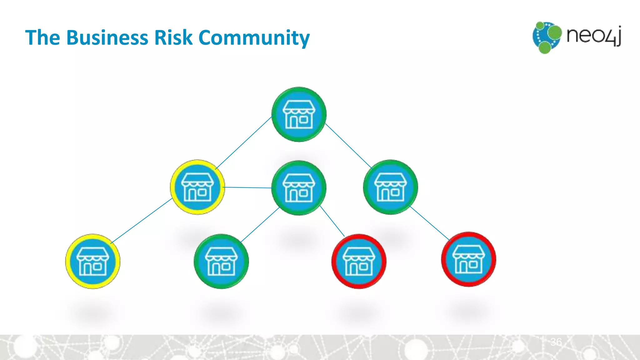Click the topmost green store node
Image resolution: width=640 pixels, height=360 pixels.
(299, 114)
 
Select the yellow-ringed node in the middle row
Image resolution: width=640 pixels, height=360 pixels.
(197, 187)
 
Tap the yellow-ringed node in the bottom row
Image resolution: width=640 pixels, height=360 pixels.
(93, 261)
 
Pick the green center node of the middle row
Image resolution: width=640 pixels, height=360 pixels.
(299, 188)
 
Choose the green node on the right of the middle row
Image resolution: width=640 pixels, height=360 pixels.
(390, 187)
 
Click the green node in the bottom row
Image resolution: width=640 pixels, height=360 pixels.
(221, 261)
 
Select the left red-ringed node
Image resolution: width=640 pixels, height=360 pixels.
(359, 261)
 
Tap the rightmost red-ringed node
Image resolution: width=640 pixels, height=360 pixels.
(468, 259)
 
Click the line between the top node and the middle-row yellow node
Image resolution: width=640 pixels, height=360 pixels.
(244, 142)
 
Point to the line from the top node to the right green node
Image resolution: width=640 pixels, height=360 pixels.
(348, 146)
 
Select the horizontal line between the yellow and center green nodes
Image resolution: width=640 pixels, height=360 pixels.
(247, 187)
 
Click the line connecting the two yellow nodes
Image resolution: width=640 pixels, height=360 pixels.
(141, 221)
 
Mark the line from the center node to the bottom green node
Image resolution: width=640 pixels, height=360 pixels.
(260, 225)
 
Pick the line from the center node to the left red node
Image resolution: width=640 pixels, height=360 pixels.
(332, 221)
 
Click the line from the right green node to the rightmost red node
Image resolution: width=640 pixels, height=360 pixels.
(429, 223)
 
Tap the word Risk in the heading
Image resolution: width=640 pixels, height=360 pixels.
(173, 37)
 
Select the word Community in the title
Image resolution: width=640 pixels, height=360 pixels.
(254, 37)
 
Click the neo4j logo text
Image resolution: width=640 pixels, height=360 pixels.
(593, 36)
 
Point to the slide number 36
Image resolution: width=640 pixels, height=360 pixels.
(556, 342)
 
